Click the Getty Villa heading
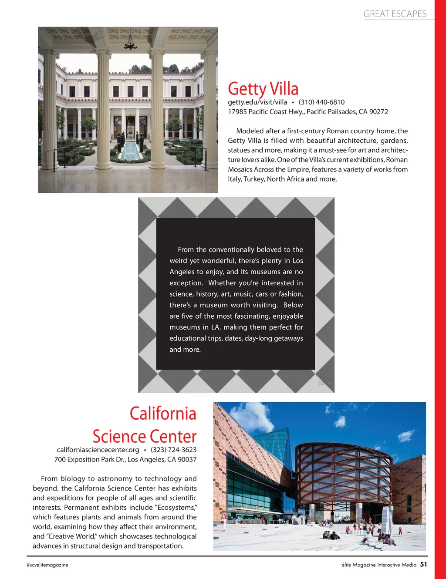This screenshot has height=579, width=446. click(x=263, y=89)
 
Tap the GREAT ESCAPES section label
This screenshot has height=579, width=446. click(x=395, y=14)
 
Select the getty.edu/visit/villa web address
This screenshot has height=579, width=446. click(x=257, y=102)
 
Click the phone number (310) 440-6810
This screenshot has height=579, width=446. click(x=321, y=102)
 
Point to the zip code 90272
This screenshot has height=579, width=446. click(x=378, y=112)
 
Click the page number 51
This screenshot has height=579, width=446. click(x=424, y=565)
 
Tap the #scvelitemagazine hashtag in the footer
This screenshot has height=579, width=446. click(x=47, y=565)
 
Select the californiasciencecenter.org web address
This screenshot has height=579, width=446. click(x=98, y=450)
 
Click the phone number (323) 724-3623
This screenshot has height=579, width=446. click(x=173, y=450)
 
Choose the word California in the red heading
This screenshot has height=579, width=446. click(x=163, y=414)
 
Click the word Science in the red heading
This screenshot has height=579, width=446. click(x=119, y=436)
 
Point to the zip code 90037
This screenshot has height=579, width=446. click(x=187, y=459)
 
